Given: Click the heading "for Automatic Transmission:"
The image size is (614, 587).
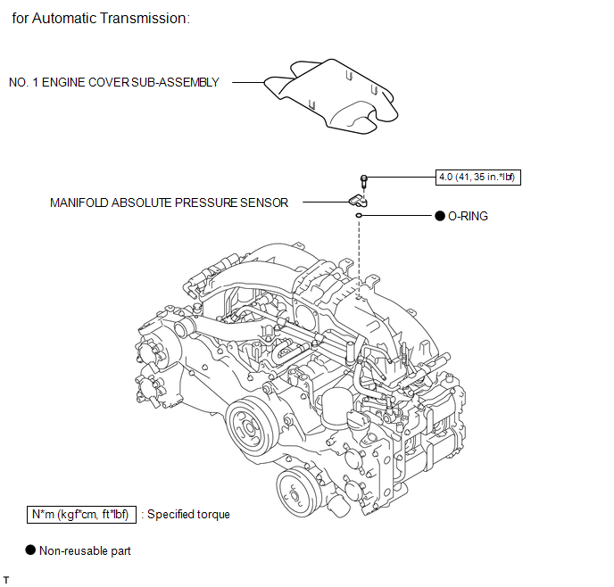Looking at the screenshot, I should [101, 19].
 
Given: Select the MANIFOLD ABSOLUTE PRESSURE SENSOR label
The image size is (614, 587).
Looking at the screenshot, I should [169, 203].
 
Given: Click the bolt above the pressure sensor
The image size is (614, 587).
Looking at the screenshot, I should [364, 180].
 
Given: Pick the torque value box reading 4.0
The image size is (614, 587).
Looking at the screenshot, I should [477, 178].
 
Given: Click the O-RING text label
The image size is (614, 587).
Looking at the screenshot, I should [468, 216].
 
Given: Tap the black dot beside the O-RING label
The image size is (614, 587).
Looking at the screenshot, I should [439, 216].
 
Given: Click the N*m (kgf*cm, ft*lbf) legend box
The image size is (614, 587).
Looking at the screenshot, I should [81, 515].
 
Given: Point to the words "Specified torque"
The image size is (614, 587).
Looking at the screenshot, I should [188, 515].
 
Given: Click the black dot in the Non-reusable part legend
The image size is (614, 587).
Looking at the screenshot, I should [29, 550].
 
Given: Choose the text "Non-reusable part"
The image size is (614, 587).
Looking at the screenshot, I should [85, 550].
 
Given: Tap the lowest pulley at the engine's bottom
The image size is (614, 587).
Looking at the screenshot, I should [295, 492].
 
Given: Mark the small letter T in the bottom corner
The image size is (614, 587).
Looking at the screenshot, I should [6, 580].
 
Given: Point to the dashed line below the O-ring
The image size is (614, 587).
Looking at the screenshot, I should [358, 254].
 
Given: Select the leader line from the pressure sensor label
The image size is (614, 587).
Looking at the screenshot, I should [322, 203].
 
